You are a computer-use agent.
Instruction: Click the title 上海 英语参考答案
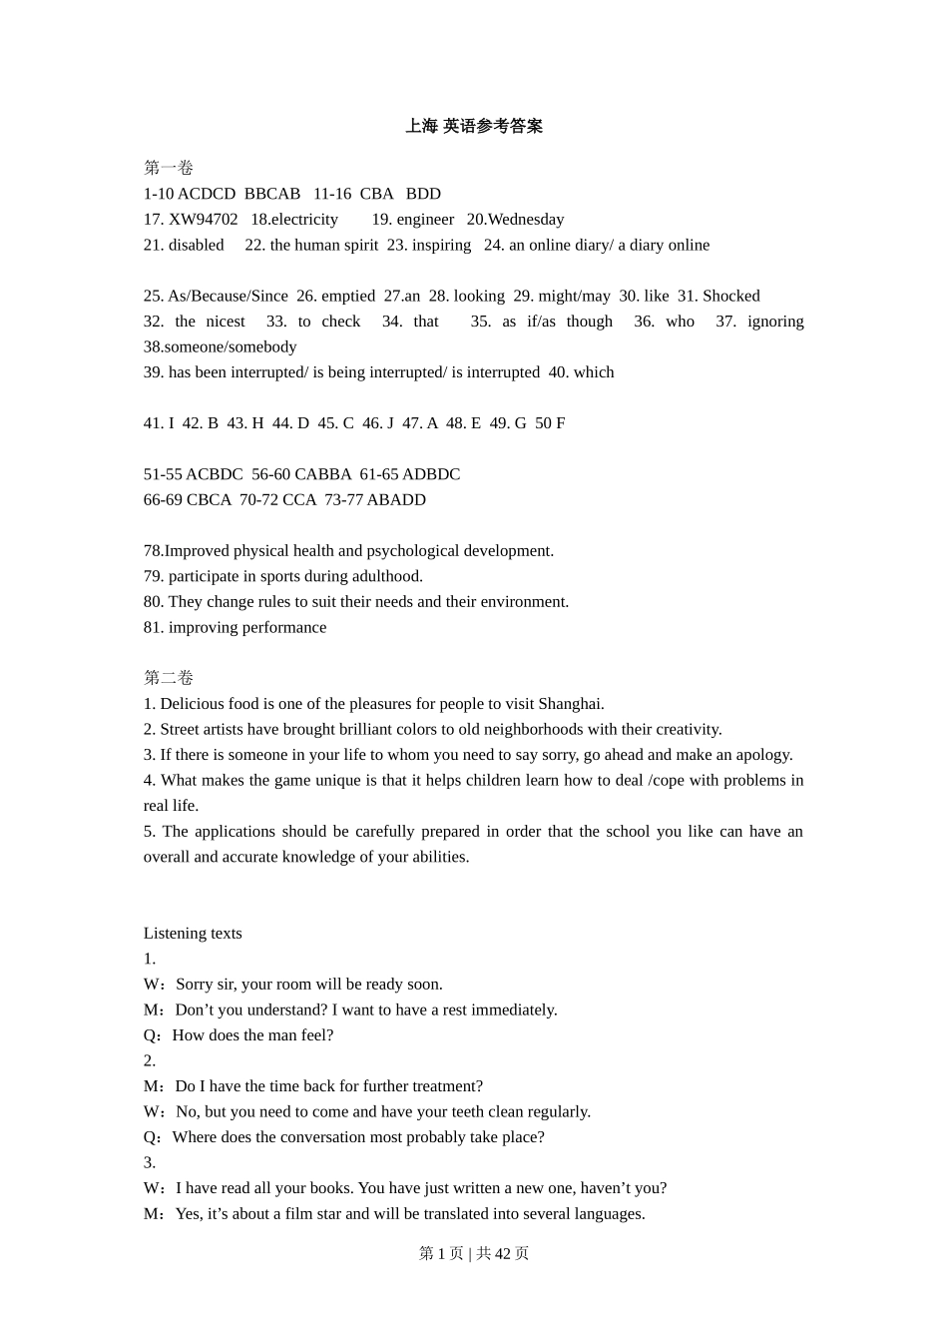point(474,126)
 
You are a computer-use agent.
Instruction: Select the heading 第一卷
point(168,168)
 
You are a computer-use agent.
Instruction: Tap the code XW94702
point(204,220)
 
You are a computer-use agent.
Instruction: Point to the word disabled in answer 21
point(197,245)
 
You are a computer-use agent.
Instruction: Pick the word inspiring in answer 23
point(442,245)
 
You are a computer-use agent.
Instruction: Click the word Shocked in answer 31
point(731,296)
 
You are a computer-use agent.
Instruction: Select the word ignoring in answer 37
point(775,322)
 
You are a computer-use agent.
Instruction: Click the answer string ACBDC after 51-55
point(215,474)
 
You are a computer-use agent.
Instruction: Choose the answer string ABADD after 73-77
point(396,499)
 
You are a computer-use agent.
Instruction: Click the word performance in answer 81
point(281,627)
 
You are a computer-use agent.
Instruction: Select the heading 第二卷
point(168,678)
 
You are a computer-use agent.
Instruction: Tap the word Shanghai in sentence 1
point(571,704)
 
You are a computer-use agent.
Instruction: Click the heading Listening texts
point(193,934)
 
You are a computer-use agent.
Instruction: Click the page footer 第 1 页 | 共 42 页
point(474,1253)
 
